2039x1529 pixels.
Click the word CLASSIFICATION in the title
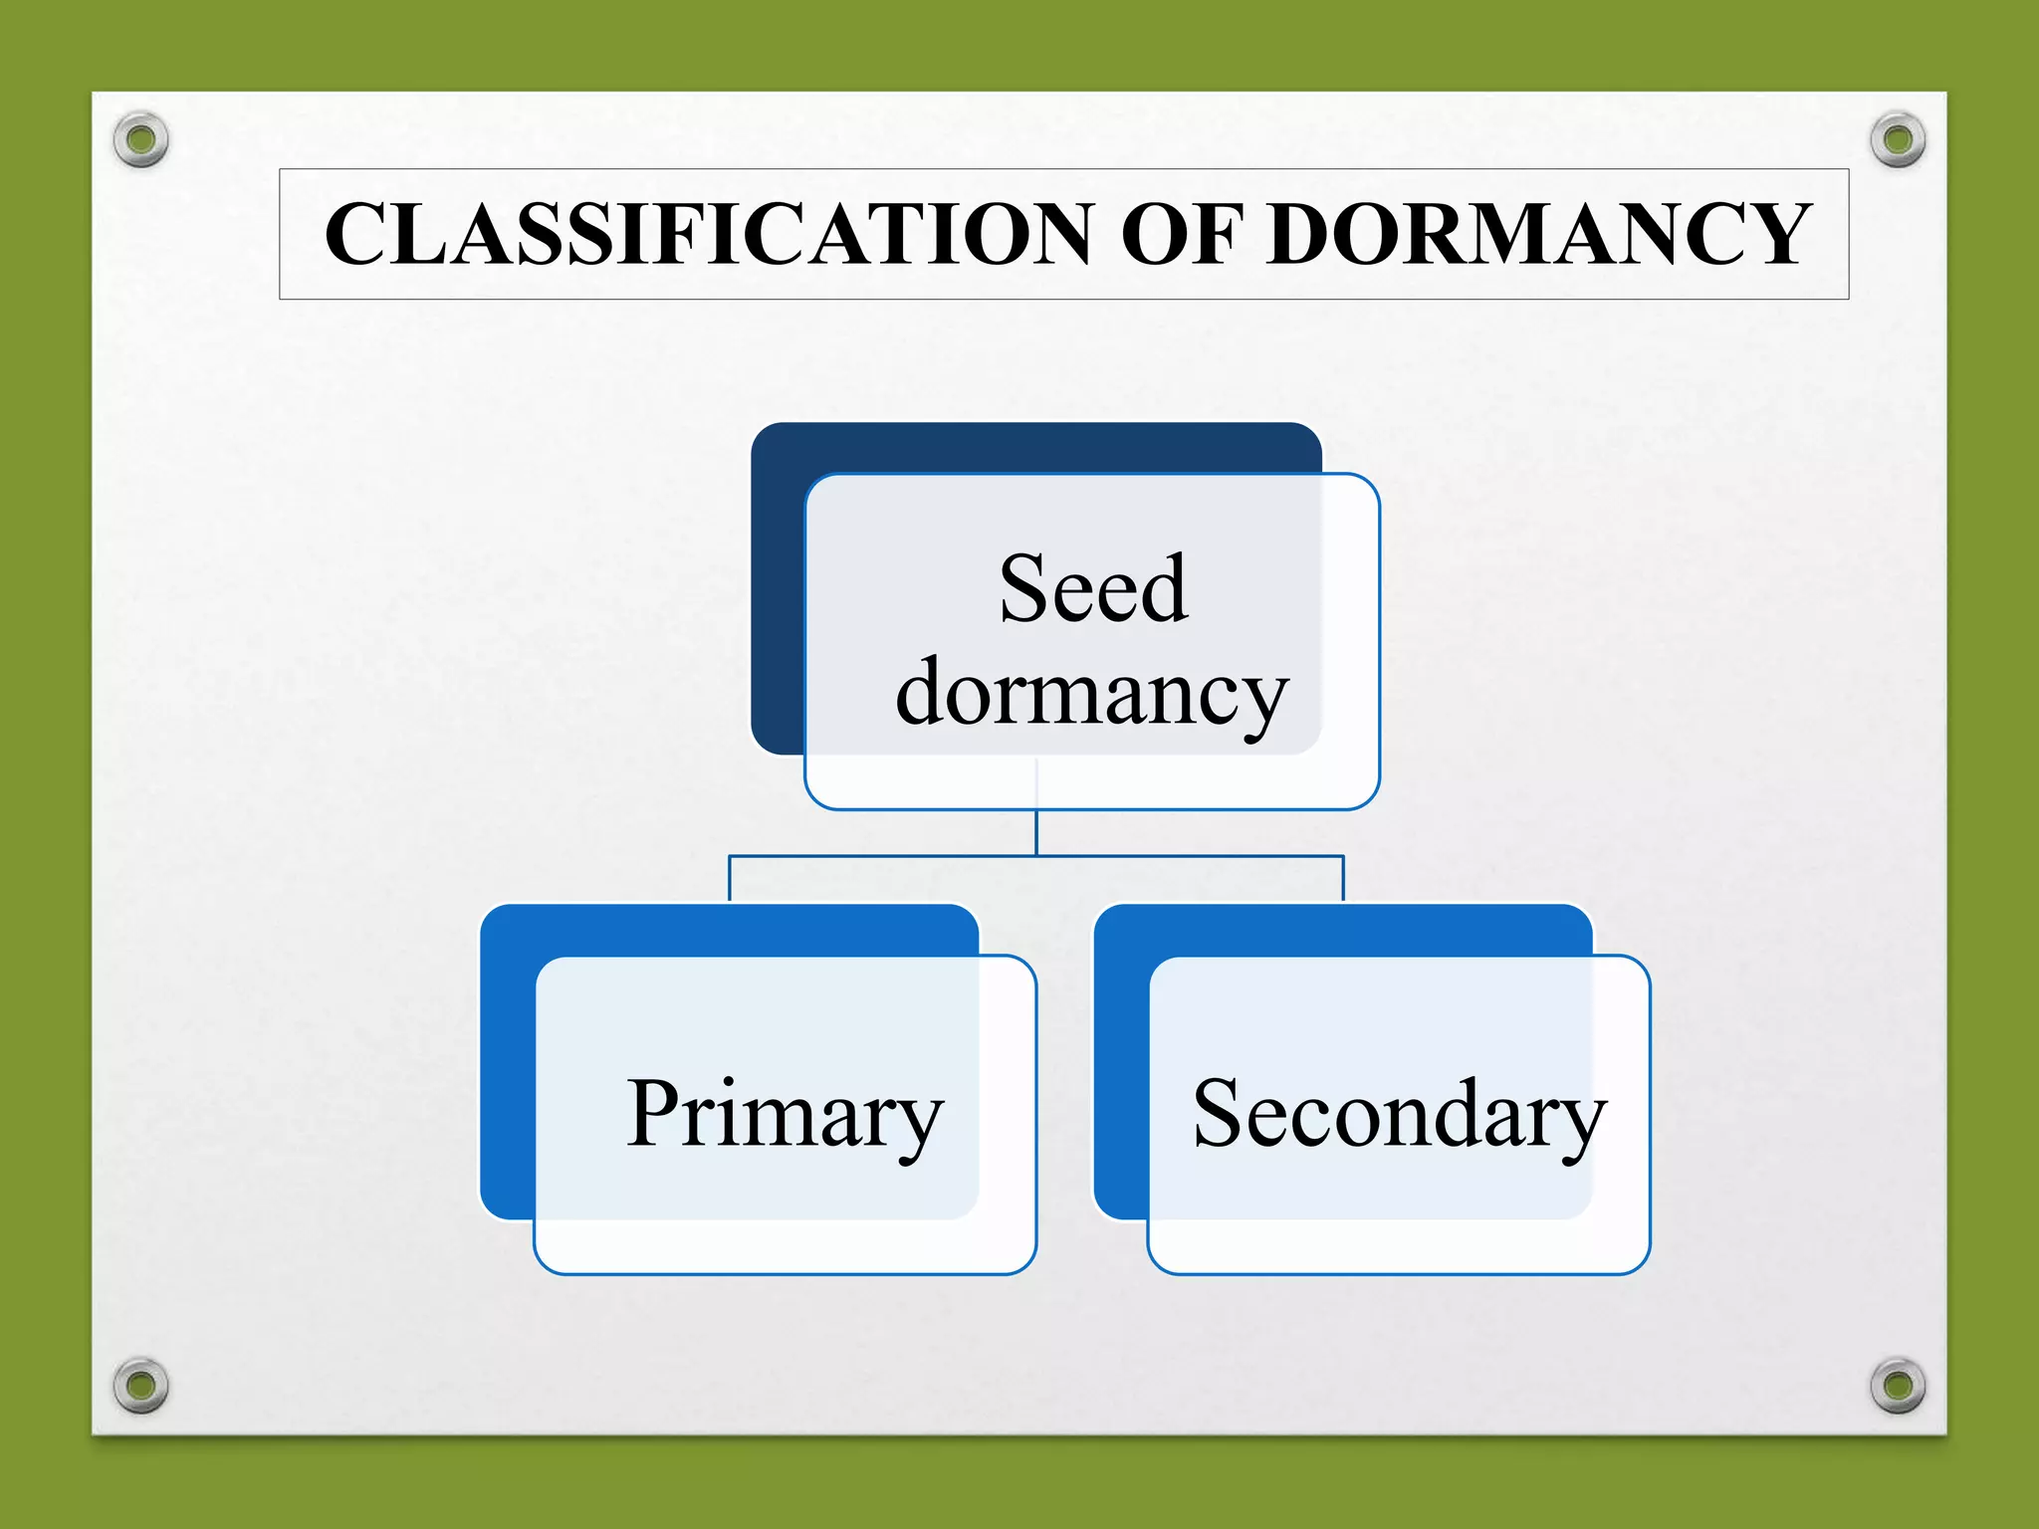point(708,235)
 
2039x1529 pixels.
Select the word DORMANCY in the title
point(1538,235)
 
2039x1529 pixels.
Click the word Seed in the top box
point(1093,589)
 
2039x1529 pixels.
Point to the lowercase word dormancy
point(1092,695)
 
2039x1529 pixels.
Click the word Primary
point(785,1115)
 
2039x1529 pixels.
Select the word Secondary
point(1399,1115)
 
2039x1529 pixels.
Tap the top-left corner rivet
point(141,139)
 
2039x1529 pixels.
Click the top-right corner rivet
point(1898,139)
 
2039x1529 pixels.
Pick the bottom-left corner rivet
point(141,1385)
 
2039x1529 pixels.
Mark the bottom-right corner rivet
point(1898,1385)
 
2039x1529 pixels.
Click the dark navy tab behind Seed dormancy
point(778,597)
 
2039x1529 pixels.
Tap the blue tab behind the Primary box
point(507,1065)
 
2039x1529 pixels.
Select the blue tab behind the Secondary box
point(1121,1065)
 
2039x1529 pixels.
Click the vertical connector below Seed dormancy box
point(1036,832)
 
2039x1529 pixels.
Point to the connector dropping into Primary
point(730,878)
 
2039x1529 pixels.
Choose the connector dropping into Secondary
point(1343,878)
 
